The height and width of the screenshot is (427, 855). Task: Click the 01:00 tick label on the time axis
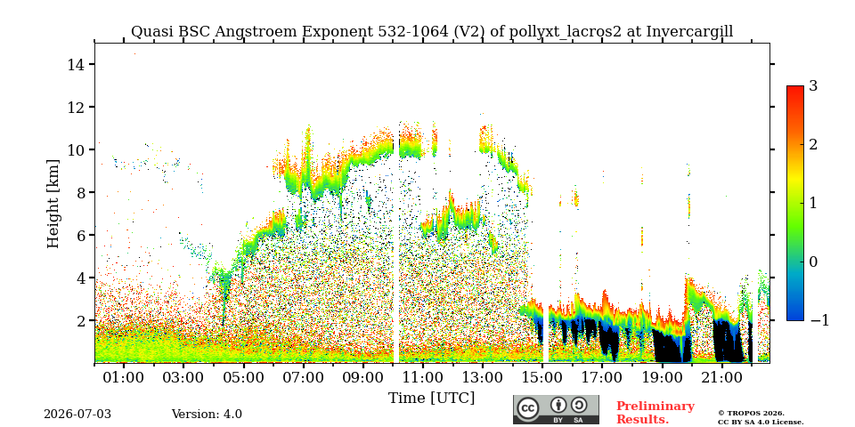tap(124, 377)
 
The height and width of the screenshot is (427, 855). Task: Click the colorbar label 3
tap(813, 86)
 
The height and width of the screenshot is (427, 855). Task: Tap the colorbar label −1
tap(819, 320)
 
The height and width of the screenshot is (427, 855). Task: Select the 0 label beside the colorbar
tap(813, 262)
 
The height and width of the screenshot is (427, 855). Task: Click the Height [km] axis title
tap(53, 204)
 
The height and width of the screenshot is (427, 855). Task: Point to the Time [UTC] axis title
tap(431, 399)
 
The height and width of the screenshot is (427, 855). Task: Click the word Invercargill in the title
tap(689, 32)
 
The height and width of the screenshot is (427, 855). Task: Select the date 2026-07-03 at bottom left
tap(77, 415)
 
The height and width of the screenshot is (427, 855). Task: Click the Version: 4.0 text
tap(207, 415)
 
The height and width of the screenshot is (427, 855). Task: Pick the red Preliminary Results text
tap(655, 413)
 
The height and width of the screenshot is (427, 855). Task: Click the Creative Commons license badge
tap(556, 409)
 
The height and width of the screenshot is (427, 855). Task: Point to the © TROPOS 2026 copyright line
tap(751, 414)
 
